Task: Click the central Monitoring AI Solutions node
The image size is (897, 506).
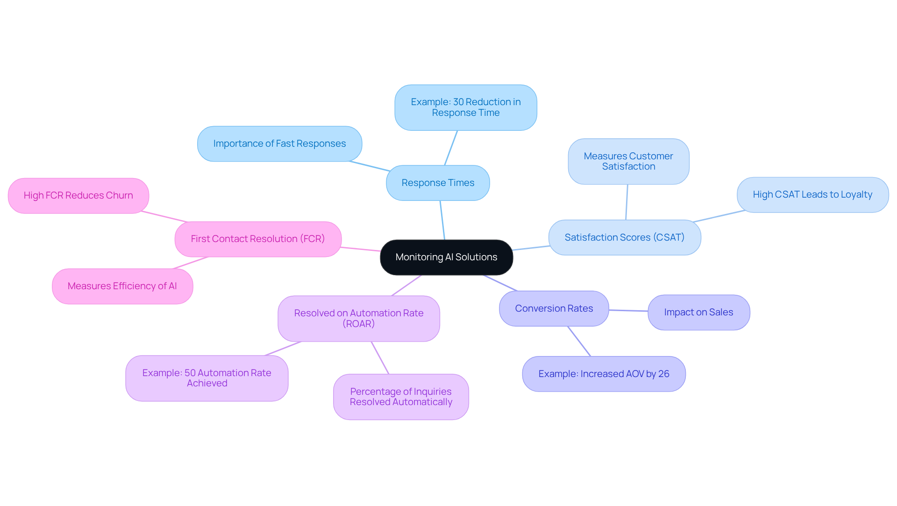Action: point(446,257)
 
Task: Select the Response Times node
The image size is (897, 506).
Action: point(438,183)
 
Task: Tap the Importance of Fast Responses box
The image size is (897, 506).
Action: point(279,144)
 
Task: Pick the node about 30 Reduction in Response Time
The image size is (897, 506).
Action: point(465,107)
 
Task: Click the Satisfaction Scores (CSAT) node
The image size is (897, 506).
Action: point(624,238)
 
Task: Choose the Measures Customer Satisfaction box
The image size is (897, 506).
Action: point(628,162)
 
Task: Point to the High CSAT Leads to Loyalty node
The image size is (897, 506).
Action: point(812,195)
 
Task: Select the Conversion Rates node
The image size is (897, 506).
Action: point(554,309)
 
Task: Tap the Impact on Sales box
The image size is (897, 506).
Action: point(698,313)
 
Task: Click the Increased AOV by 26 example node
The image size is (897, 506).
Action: point(604,374)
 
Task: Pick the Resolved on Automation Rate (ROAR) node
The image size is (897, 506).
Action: point(358,319)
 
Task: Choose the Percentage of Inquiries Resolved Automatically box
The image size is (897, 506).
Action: point(401,397)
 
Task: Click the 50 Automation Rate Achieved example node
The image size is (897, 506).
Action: point(206,378)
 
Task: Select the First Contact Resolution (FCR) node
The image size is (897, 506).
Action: point(258,239)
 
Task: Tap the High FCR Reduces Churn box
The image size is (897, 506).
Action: point(78,196)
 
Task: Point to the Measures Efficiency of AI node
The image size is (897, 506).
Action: point(122,286)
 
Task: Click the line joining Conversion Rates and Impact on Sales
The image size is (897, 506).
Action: point(628,311)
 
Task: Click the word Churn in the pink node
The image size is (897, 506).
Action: point(119,196)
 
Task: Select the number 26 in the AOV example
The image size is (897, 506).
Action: point(664,374)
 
